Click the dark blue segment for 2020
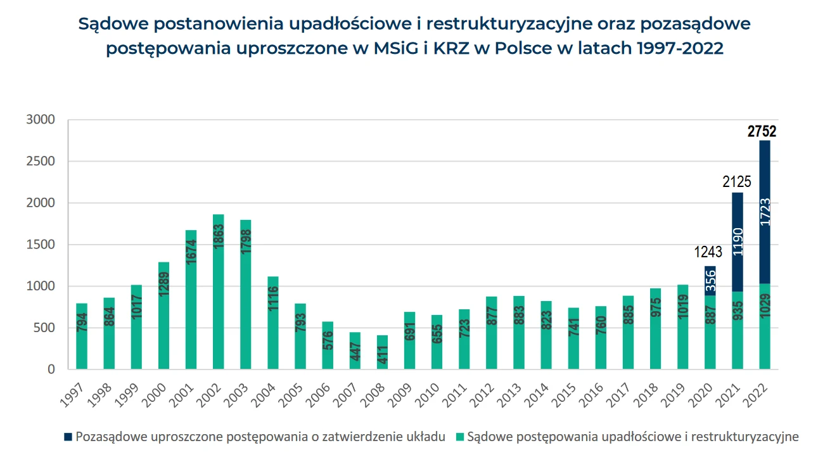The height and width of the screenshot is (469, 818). tap(710, 281)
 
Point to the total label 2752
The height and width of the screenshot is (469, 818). tap(762, 132)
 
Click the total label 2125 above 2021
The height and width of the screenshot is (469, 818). tap(737, 182)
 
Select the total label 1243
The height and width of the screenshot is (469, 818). tap(708, 252)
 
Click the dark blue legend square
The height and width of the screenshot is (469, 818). tap(68, 437)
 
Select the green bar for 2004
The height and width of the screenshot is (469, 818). tap(273, 323)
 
